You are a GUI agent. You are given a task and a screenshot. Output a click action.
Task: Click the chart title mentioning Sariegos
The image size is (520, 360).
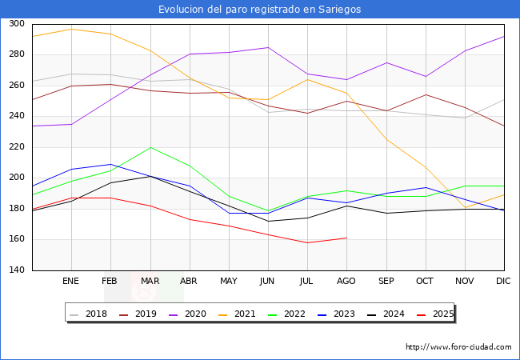259,10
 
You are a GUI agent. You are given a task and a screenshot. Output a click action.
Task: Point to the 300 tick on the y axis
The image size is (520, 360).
16,24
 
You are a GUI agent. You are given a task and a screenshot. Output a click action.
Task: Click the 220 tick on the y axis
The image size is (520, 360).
16,147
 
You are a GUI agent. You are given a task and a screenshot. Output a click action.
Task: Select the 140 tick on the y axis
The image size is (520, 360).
16,270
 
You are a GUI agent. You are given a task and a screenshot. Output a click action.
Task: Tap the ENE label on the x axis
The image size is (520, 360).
71,282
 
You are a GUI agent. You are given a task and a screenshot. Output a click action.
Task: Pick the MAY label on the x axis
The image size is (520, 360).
229,282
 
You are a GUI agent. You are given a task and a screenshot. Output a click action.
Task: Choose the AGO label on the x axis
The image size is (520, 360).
346,282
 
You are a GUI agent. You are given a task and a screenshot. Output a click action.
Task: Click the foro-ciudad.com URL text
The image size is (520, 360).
458,347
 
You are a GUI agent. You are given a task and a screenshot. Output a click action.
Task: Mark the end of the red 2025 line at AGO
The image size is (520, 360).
346,238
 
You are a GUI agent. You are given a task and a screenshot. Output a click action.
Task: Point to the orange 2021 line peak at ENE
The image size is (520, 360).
71,29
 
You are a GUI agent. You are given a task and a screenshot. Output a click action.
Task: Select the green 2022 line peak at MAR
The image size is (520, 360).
150,147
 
